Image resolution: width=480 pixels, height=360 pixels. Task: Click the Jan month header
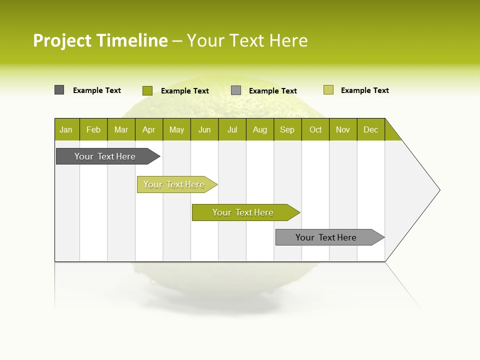click(x=66, y=129)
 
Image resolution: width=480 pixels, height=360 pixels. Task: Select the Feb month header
click(x=93, y=129)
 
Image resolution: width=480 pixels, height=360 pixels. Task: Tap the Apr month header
click(x=149, y=129)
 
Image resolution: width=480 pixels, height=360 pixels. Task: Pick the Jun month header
click(x=204, y=129)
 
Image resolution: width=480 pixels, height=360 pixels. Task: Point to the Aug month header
click(x=260, y=129)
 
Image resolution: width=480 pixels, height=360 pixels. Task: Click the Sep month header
click(x=287, y=129)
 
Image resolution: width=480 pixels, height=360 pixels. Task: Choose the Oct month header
click(x=315, y=129)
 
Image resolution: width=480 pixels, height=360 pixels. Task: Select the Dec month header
click(x=371, y=129)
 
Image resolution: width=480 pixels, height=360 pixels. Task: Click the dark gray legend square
click(x=59, y=90)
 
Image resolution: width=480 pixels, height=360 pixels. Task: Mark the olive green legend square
click(x=147, y=90)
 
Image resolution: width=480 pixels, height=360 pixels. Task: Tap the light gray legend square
click(x=236, y=90)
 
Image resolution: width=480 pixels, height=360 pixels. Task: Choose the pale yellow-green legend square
click(x=328, y=90)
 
